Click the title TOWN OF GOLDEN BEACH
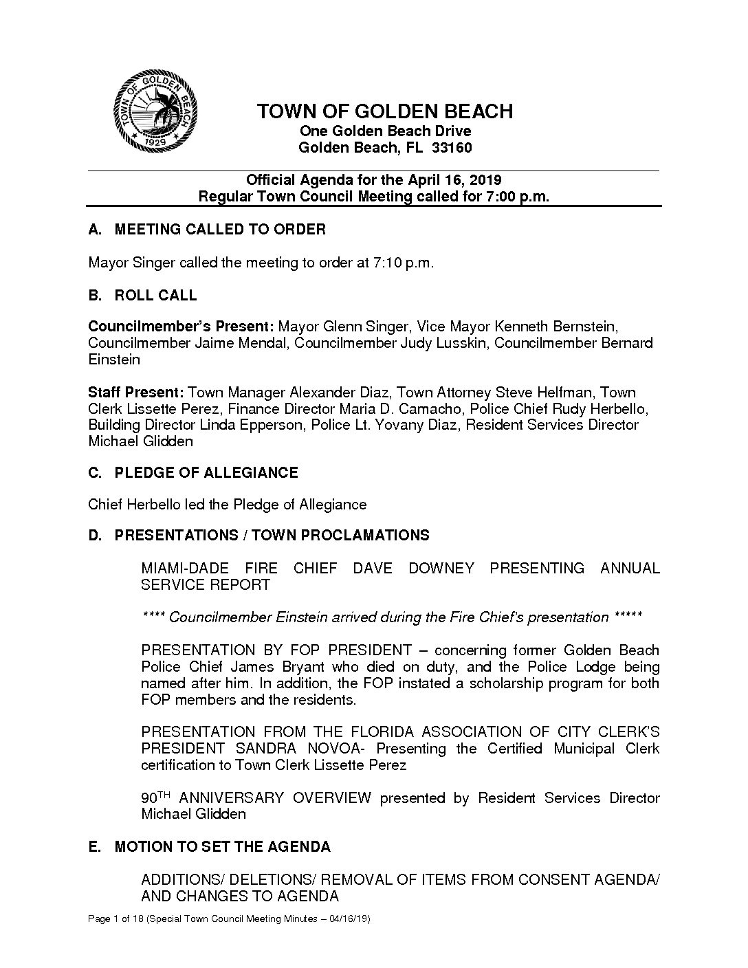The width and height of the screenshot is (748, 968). pyautogui.click(x=385, y=111)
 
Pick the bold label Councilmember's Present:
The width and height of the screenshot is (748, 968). pyautogui.click(x=181, y=326)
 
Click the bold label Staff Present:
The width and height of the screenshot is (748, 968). pyautogui.click(x=135, y=393)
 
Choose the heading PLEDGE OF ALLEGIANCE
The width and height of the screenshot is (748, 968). pyautogui.click(x=206, y=473)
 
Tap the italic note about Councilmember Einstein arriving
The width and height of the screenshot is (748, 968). pyautogui.click(x=391, y=617)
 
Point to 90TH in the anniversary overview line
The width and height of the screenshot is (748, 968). pyautogui.click(x=155, y=797)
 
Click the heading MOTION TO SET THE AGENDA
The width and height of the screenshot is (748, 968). pyautogui.click(x=222, y=847)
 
